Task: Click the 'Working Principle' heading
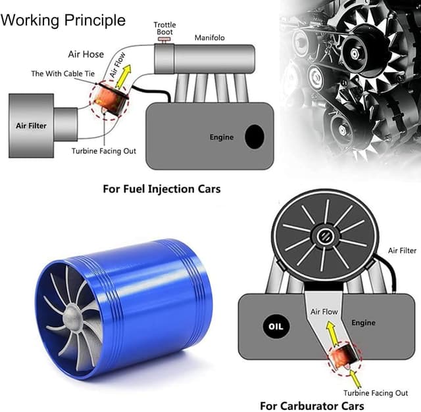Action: [x=64, y=20]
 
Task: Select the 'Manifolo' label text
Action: [x=209, y=38]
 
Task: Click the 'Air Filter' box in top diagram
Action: [x=31, y=125]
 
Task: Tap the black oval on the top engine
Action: [x=254, y=137]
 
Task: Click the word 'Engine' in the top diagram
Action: [x=222, y=138]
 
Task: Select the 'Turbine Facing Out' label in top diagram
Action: [x=103, y=151]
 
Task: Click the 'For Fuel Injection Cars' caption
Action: [x=162, y=189]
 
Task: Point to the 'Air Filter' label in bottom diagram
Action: [x=402, y=250]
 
